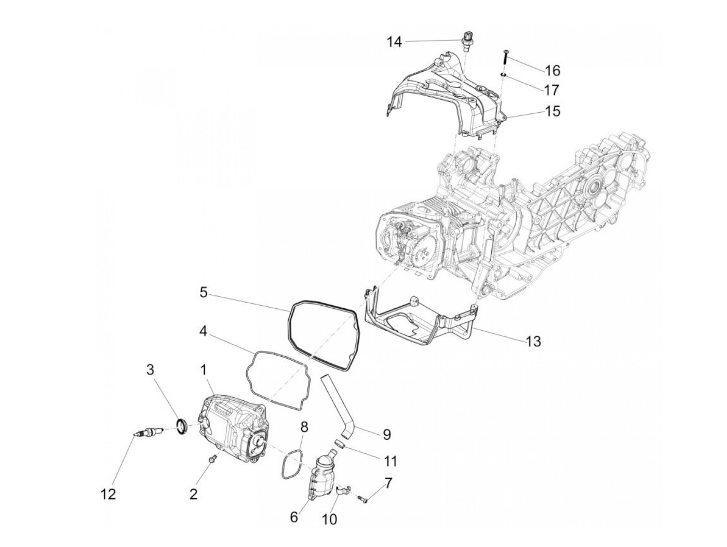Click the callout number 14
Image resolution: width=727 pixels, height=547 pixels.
click(x=394, y=42)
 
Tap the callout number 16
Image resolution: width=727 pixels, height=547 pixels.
click(x=552, y=70)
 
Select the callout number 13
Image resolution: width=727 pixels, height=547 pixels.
click(x=533, y=341)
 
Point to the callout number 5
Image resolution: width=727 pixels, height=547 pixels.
click(x=204, y=293)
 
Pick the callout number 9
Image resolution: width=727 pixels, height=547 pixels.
click(x=386, y=434)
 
